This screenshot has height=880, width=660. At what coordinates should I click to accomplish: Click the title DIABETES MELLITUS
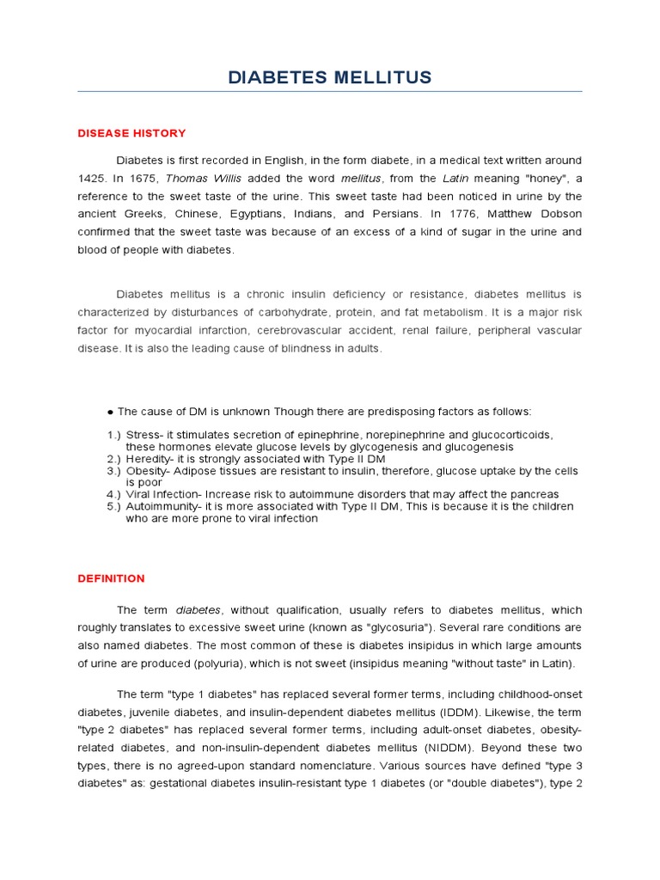click(x=330, y=78)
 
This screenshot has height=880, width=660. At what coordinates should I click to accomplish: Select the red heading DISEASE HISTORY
click(x=131, y=133)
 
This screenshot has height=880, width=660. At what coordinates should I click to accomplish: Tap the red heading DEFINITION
click(x=111, y=578)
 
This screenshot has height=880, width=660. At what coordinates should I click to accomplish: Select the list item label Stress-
click(x=144, y=435)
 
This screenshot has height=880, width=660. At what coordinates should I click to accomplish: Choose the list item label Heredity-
click(x=151, y=459)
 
